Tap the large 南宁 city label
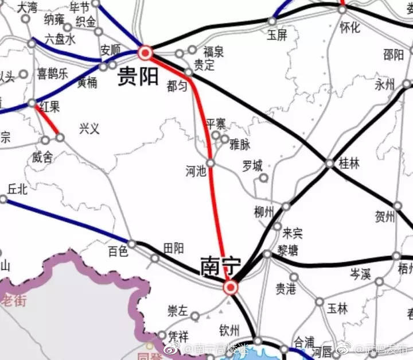pos(220,266)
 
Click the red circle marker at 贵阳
pos(145,54)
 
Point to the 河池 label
pos(196,170)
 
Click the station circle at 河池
pos(211,163)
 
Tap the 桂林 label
pos(349,164)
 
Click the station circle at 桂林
pos(329,163)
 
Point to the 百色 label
pos(118,251)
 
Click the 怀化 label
pos(350,26)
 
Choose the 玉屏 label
pos(278,34)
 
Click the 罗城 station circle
pos(263,178)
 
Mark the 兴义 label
pos(89,128)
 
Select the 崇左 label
pos(177,311)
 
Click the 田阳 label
pos(174,248)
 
